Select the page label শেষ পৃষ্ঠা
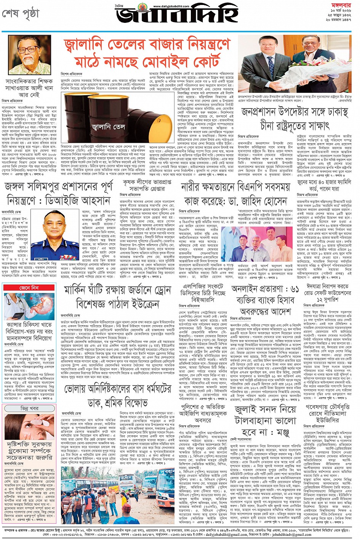[x=21, y=14]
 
